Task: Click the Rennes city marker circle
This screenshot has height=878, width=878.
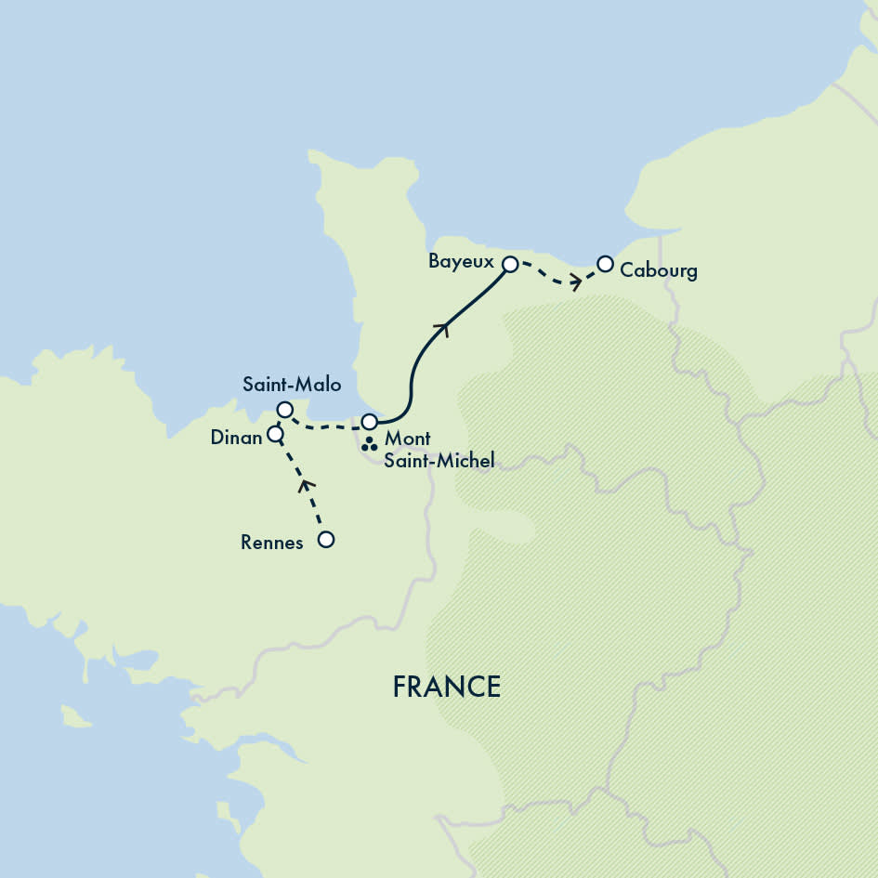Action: pos(325,540)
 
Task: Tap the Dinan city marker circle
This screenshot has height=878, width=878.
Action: pos(275,434)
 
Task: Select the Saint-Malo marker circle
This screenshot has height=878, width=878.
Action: pos(285,410)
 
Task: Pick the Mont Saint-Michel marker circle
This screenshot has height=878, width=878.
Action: pos(369,422)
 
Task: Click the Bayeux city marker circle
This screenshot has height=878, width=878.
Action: pos(509,265)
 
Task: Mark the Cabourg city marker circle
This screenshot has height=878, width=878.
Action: pos(605,264)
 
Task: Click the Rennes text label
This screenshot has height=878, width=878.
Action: pos(271,544)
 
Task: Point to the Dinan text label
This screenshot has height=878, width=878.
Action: pos(236,438)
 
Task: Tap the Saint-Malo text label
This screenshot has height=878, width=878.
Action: pos(292,384)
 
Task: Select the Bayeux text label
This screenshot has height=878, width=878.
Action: pos(461,262)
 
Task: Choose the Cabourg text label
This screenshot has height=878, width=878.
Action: pos(658,271)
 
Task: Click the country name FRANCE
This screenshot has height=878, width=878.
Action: pos(446,687)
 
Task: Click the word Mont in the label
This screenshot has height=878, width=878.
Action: pos(406,439)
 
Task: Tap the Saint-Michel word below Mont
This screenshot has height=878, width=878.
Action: pos(439,460)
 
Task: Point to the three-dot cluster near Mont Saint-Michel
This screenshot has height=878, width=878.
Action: pos(369,444)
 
